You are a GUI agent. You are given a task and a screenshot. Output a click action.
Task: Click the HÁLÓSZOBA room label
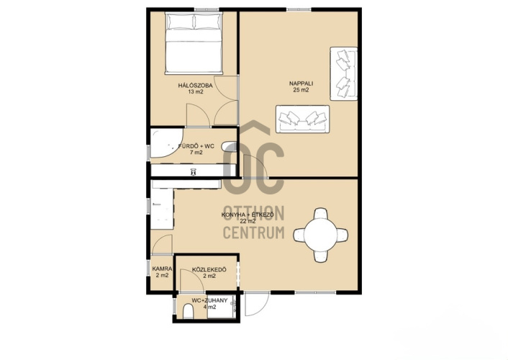tap(196, 86)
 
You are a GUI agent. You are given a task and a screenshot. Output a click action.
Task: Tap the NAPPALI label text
tap(301, 84)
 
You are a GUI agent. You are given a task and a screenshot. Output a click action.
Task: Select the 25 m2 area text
tap(301, 90)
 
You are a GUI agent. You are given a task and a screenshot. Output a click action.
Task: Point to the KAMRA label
tap(162, 269)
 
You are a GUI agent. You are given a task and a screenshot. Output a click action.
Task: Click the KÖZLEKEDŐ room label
tap(209, 269)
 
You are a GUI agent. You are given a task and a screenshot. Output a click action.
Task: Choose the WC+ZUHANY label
tap(209, 300)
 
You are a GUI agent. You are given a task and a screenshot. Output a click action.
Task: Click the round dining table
tap(320, 235)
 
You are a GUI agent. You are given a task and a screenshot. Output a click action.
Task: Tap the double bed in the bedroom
tap(194, 43)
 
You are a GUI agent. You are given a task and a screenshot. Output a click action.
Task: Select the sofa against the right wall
tap(344, 73)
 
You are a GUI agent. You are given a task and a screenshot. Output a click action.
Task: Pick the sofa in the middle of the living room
tap(303, 119)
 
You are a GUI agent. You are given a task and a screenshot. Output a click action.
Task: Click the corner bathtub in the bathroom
tap(165, 144)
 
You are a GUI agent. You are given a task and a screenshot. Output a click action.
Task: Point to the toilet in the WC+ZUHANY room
tap(189, 311)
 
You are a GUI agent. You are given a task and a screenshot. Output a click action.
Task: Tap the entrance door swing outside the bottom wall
tap(257, 304)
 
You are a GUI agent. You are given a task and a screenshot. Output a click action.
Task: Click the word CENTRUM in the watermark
tap(254, 233)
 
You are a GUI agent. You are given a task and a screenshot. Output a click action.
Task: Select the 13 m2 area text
tap(196, 91)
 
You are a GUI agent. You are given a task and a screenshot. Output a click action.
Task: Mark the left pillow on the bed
tap(180, 22)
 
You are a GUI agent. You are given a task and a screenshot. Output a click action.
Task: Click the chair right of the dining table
tap(342, 235)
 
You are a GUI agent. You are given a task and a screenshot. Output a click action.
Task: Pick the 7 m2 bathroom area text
tap(196, 153)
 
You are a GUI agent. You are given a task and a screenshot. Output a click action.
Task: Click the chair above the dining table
tap(320, 213)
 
